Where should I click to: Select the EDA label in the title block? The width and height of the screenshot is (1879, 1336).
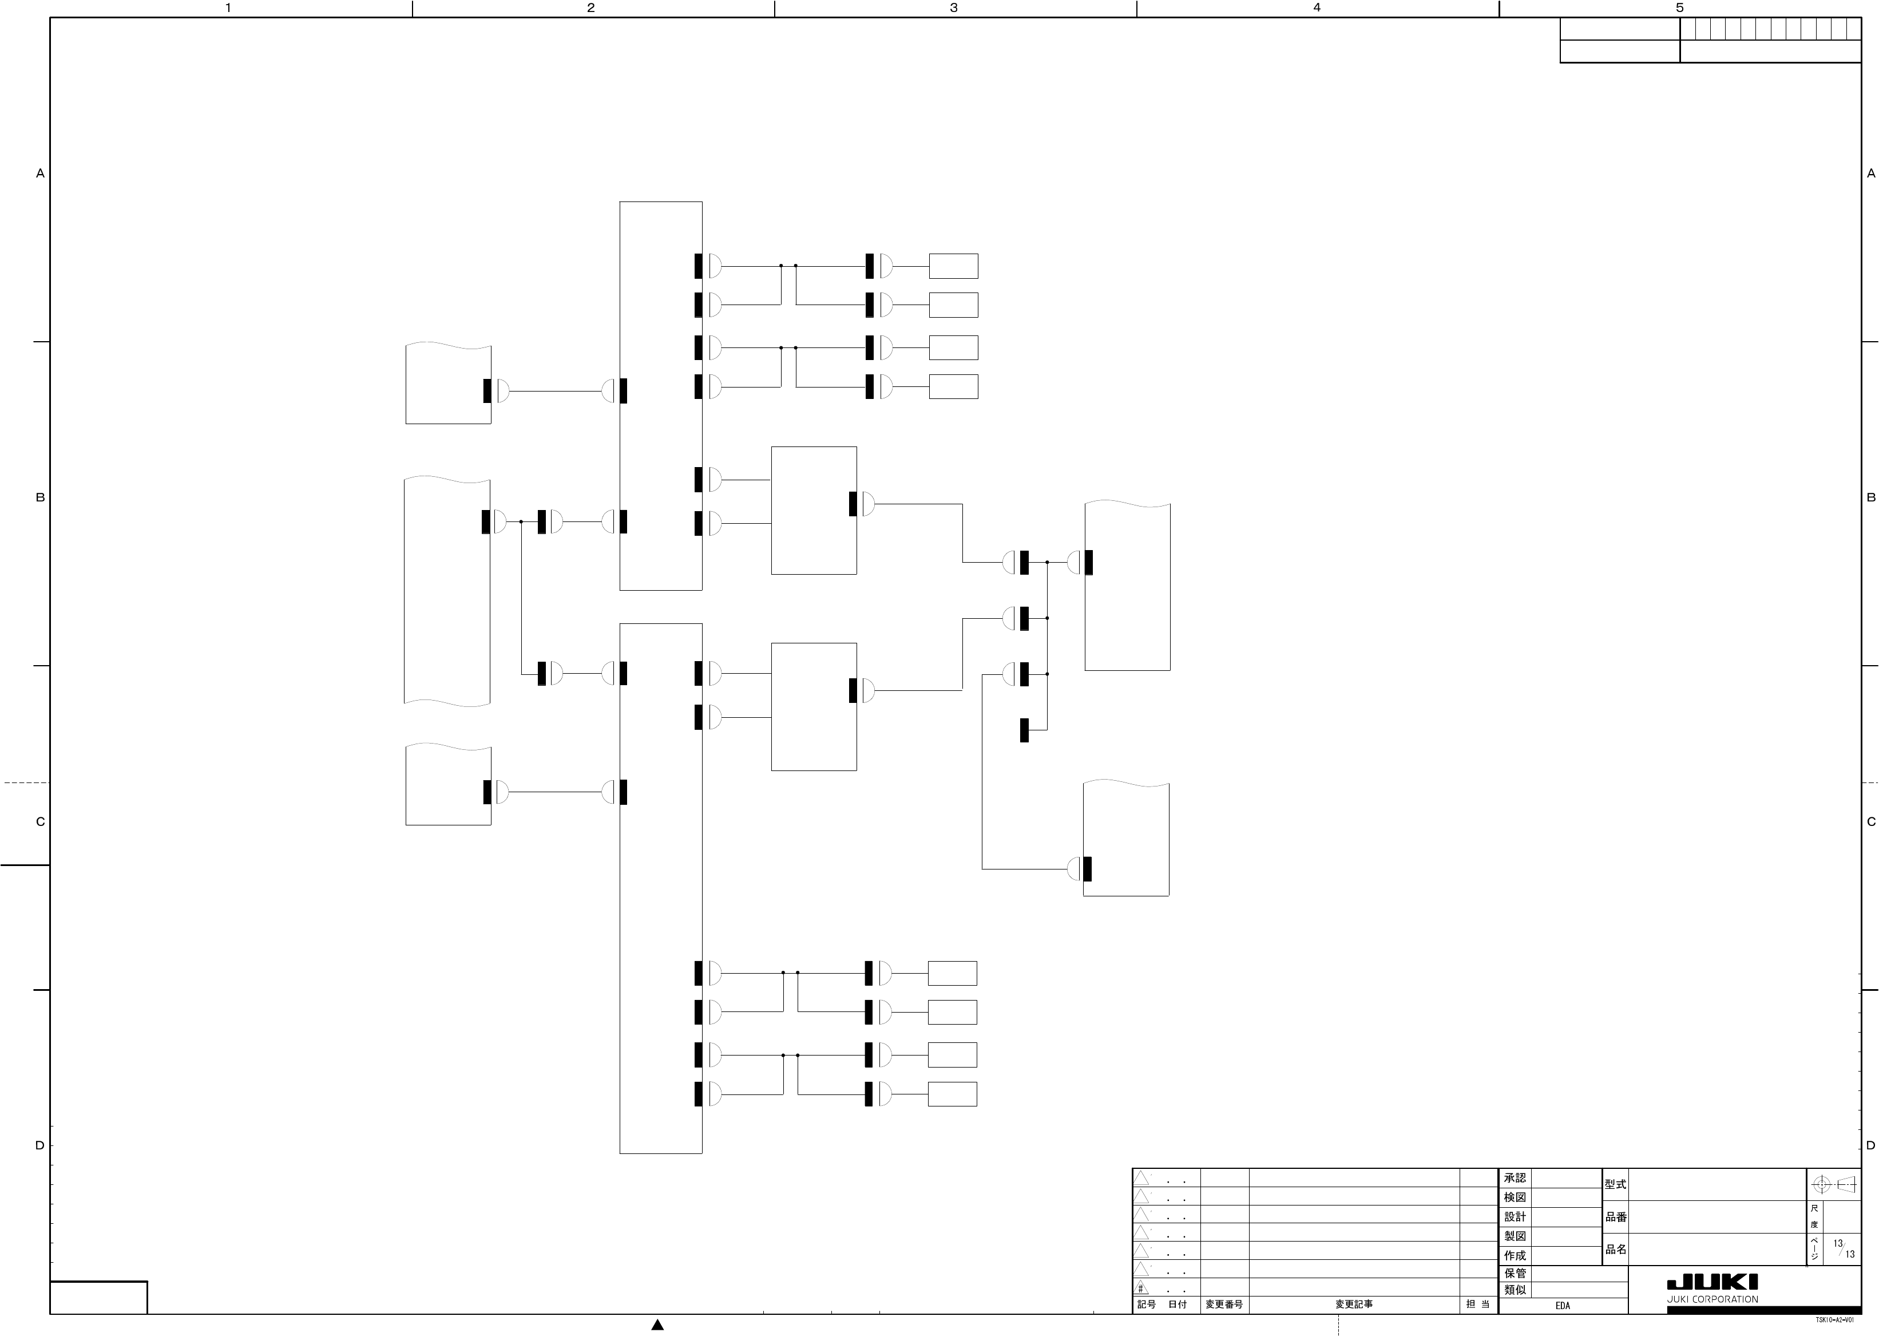1563,1306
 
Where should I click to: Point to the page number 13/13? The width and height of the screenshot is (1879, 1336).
1844,1249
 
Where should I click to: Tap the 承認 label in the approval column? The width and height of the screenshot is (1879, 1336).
1515,1178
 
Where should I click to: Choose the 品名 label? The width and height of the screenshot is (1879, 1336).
1615,1249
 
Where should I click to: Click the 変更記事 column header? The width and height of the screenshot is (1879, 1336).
1354,1305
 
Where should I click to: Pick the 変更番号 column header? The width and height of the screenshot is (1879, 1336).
1224,1305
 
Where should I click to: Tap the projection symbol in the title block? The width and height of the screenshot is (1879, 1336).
1834,1185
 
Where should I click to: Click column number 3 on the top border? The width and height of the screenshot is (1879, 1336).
954,8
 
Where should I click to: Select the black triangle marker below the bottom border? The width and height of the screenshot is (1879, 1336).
657,1325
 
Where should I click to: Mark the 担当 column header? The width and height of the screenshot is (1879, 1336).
1478,1305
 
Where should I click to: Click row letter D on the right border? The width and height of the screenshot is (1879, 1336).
1871,1146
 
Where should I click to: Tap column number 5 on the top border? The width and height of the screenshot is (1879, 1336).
1679,8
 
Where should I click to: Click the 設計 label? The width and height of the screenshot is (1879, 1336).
1515,1217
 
